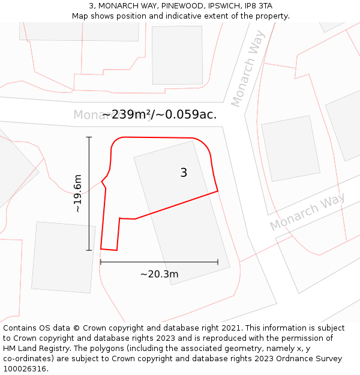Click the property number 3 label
(184, 173)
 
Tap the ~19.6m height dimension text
(78, 193)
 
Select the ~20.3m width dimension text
(160, 274)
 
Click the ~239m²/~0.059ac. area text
(160, 114)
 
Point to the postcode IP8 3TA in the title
(259, 5)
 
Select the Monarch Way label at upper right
(248, 75)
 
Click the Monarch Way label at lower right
(307, 212)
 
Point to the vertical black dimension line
(89, 193)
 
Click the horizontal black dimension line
(159, 262)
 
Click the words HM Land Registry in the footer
(35, 349)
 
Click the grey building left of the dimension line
(63, 257)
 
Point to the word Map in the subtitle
(81, 16)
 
